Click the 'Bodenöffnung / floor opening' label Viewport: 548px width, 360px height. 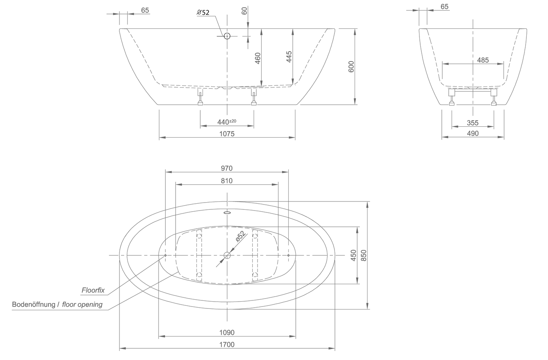[x=57, y=305]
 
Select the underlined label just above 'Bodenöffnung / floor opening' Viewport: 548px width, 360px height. [x=93, y=291]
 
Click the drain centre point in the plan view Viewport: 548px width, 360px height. [x=227, y=255]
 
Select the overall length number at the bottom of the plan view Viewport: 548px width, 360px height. [x=227, y=344]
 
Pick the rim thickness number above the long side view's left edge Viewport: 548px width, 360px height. [x=144, y=10]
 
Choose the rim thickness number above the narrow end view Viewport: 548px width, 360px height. [x=444, y=6]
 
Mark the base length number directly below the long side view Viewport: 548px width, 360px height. [x=227, y=134]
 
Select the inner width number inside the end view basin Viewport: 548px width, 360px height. [x=482, y=60]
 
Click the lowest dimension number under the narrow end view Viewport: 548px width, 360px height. [x=473, y=134]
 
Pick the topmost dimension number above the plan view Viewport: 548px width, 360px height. [x=227, y=168]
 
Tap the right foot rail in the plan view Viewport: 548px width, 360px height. [x=255, y=255]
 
